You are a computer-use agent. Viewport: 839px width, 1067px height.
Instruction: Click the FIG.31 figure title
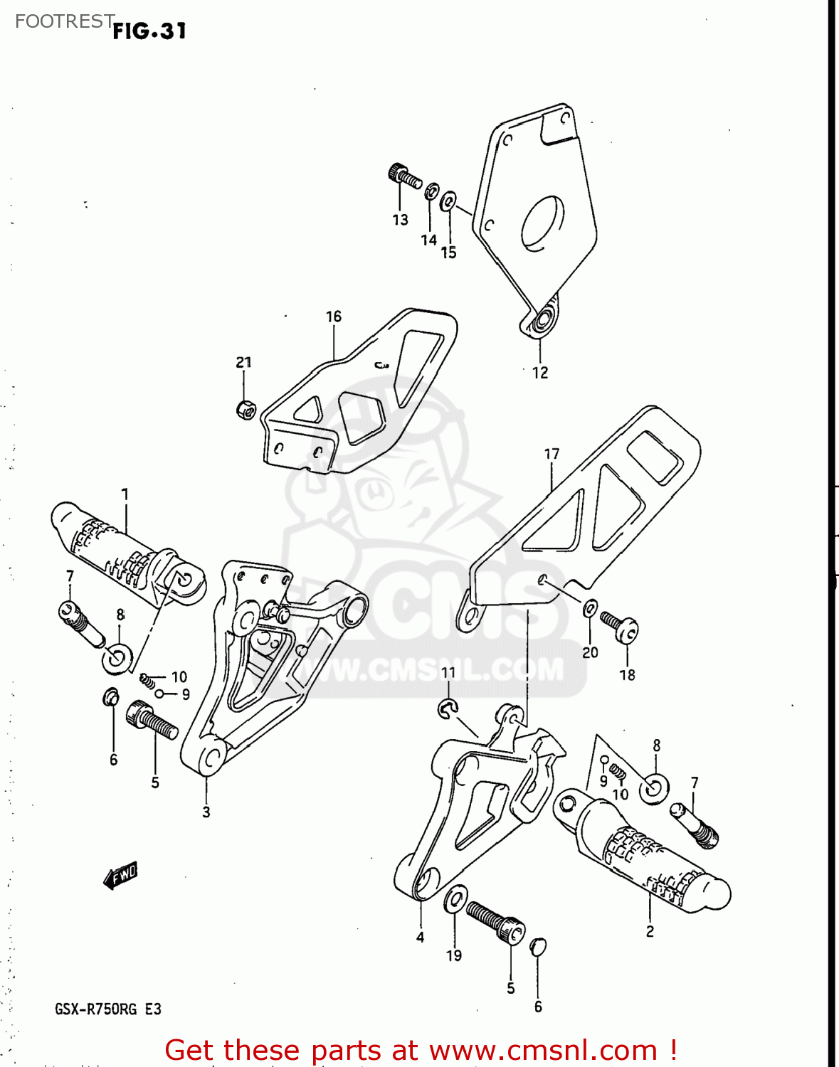point(149,31)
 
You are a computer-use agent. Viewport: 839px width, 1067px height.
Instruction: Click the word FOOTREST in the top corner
point(64,21)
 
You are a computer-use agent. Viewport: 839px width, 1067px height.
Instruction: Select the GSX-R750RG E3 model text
point(108,1009)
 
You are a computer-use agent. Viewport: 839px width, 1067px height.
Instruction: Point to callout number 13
point(400,220)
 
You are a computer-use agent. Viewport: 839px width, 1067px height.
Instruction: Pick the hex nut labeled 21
point(245,410)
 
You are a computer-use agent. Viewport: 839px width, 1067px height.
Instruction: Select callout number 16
point(334,317)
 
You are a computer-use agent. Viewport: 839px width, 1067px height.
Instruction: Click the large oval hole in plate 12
point(542,222)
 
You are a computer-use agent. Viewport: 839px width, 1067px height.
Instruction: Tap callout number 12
point(540,372)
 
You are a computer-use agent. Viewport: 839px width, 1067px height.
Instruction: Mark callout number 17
point(552,454)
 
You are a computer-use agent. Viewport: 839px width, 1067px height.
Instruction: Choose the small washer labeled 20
point(590,609)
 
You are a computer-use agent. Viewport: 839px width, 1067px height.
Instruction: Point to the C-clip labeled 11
point(448,707)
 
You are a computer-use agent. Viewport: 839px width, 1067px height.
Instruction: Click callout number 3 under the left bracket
point(206,812)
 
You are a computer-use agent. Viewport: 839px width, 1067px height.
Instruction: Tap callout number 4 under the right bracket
point(420,937)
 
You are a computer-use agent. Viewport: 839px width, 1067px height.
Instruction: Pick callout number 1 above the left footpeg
point(125,494)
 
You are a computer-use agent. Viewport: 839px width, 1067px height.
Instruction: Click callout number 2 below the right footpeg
point(649,931)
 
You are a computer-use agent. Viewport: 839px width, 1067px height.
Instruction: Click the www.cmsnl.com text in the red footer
point(544,1050)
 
